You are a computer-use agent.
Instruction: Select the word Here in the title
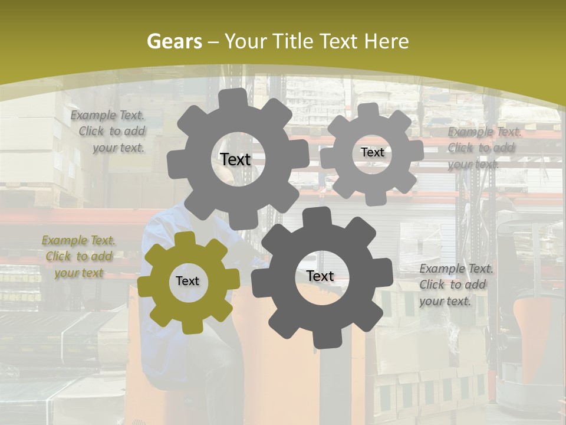pyautogui.click(x=386, y=41)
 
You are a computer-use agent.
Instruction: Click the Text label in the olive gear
pyautogui.click(x=187, y=282)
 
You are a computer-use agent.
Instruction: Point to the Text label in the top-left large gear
pyautogui.click(x=235, y=159)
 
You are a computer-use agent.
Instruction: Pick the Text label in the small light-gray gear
pyautogui.click(x=372, y=152)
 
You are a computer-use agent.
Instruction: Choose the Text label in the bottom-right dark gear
pyautogui.click(x=320, y=276)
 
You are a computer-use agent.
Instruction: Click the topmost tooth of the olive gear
pyautogui.click(x=185, y=239)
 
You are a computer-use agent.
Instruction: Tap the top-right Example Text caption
pyautogui.click(x=483, y=148)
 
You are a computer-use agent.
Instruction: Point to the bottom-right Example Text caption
pyautogui.click(x=455, y=285)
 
